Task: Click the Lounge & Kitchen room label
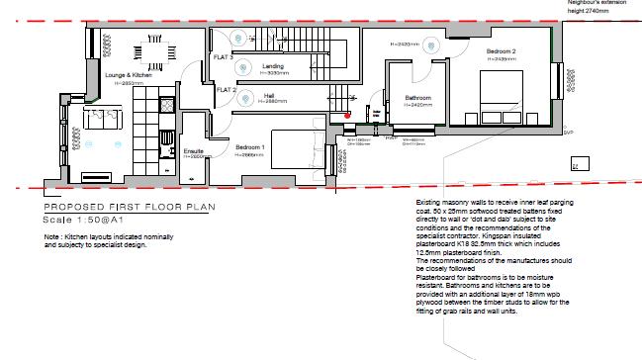coord(129,76)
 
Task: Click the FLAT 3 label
coord(224,58)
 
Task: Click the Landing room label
coord(273,66)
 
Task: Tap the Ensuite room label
coord(193,151)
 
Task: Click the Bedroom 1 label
coord(250,148)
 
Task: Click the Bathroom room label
coord(417,97)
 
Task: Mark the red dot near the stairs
coord(347,115)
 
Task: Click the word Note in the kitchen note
coord(52,237)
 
